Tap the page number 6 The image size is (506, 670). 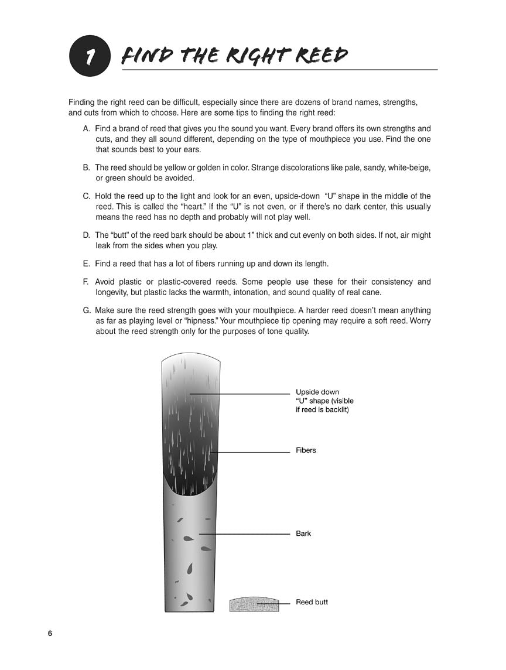click(50, 634)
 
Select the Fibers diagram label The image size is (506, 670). click(306, 450)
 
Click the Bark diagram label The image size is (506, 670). click(303, 534)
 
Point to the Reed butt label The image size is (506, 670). click(312, 602)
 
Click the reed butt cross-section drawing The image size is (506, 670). click(254, 604)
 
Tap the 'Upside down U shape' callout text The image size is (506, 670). click(324, 401)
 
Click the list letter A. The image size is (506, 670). click(87, 128)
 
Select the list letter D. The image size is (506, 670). click(87, 235)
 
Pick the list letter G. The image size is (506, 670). click(87, 310)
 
